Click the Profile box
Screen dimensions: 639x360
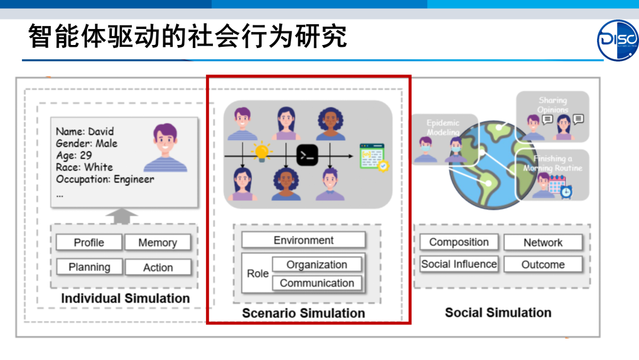[89, 243]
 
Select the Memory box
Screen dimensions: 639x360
[157, 243]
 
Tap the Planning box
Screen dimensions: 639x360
[89, 267]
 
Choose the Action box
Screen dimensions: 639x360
[158, 268]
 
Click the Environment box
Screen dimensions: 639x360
[304, 240]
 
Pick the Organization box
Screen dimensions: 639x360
[317, 265]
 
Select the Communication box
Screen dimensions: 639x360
[317, 283]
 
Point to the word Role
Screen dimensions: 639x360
[257, 274]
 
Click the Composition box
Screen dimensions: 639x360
[459, 242]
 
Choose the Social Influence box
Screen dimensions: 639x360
[459, 264]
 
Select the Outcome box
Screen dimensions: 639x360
[543, 265]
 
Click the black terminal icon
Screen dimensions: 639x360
[308, 156]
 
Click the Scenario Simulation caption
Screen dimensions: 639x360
[304, 313]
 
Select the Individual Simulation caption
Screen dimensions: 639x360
[125, 298]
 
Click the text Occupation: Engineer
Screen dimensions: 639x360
[105, 179]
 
